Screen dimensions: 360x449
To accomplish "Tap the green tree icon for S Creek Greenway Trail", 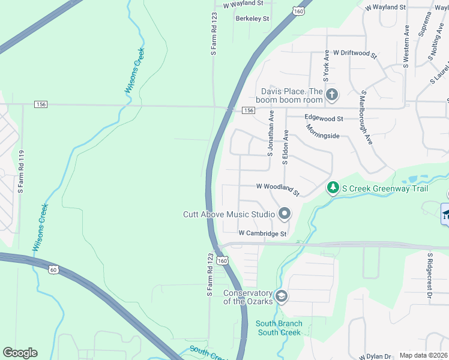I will click(333, 188).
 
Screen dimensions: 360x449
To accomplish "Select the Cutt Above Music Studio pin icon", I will click(285, 214).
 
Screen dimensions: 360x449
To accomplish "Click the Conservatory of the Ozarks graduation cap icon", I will click(282, 296).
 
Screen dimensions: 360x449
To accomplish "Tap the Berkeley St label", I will click(252, 19).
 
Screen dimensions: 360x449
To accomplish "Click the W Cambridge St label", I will click(262, 233).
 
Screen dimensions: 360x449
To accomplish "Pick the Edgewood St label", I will click(324, 119).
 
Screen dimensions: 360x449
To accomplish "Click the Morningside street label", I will click(322, 132).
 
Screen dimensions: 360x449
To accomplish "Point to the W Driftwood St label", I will click(355, 53).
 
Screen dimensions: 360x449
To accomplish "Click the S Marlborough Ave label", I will click(365, 119).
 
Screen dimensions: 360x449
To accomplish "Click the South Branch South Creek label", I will click(279, 328).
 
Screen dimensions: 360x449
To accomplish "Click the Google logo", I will click(20, 353).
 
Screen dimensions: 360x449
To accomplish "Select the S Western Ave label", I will click(406, 46).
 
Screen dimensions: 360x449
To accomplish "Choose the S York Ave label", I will click(326, 66).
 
